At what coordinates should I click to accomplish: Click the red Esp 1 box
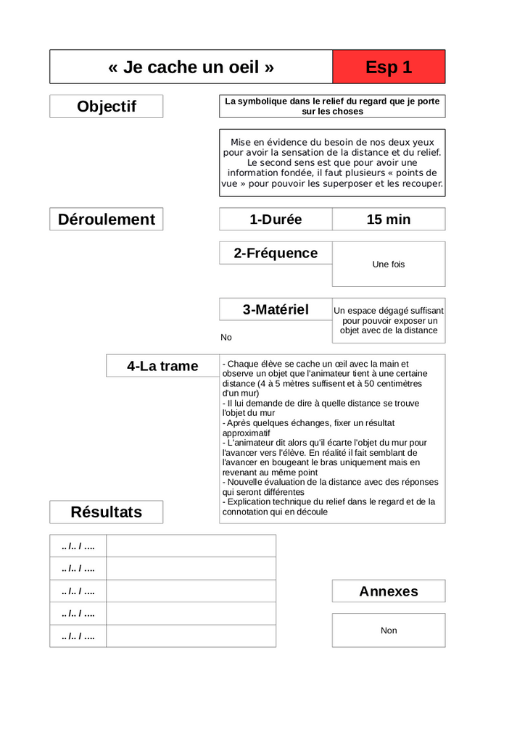click(x=389, y=67)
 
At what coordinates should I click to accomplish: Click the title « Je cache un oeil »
click(x=191, y=67)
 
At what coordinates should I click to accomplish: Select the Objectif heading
click(x=107, y=107)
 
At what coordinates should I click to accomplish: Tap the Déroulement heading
click(x=107, y=220)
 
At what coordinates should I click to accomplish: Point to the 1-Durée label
click(x=276, y=220)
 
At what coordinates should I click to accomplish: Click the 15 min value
click(x=389, y=220)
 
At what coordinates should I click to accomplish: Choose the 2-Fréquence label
click(x=276, y=253)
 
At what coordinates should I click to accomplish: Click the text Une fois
click(x=389, y=264)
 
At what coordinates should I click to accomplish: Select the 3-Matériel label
click(x=276, y=309)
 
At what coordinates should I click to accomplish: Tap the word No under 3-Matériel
click(x=226, y=338)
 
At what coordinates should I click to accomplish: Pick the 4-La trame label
click(x=162, y=366)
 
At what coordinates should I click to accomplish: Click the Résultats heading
click(x=107, y=512)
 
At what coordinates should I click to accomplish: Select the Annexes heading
click(x=389, y=591)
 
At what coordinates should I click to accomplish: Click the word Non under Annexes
click(x=389, y=631)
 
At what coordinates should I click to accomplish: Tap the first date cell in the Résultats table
click(x=78, y=546)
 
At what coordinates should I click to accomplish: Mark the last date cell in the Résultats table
click(x=78, y=636)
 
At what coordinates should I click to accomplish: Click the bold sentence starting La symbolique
click(x=332, y=107)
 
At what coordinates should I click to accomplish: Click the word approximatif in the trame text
click(x=247, y=433)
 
